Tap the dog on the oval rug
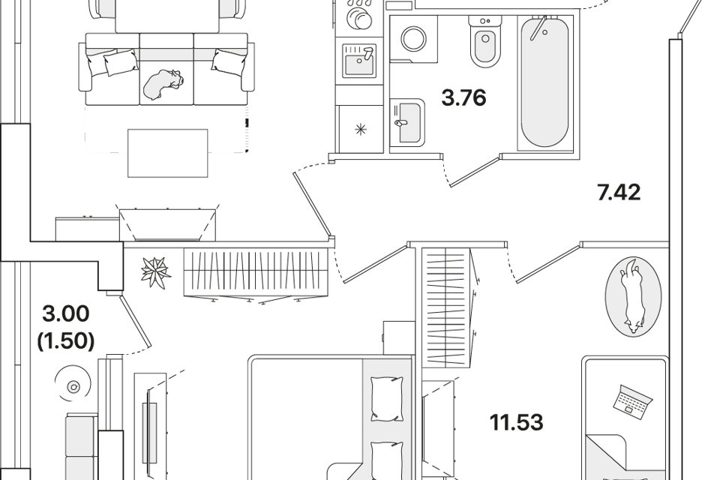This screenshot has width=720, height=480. tap(632, 295)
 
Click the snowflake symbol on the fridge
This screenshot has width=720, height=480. tap(362, 130)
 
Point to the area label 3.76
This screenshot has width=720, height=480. tap(464, 98)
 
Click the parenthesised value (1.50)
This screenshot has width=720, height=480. tap(66, 341)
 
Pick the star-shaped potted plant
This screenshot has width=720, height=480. tap(158, 271)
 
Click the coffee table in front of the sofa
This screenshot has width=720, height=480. tap(168, 151)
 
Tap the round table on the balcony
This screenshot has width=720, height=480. tap(73, 387)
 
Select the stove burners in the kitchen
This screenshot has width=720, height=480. tap(358, 16)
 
